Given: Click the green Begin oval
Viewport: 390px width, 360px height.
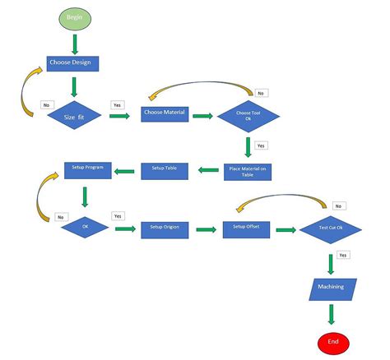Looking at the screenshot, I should [x=74, y=16].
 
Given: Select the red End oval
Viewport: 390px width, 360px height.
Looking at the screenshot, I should [x=333, y=342].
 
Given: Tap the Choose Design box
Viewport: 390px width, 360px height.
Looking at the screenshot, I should [x=72, y=62].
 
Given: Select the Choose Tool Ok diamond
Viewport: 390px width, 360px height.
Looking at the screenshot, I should [x=247, y=115].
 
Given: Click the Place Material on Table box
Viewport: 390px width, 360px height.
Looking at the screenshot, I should [x=247, y=171].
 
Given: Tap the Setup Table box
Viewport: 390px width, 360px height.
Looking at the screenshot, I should [x=165, y=170].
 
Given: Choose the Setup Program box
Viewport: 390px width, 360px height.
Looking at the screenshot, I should [x=88, y=169].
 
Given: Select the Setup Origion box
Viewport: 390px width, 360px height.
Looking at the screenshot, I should [x=165, y=227].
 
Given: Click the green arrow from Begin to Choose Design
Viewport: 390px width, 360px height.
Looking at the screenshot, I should [x=75, y=43].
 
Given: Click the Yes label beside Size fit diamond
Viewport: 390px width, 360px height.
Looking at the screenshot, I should [x=118, y=105].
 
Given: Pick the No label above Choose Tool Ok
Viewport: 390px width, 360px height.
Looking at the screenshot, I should [x=260, y=92].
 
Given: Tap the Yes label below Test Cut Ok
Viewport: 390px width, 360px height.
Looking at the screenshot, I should [x=342, y=256].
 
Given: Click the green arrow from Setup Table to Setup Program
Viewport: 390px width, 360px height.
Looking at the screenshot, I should [x=124, y=171].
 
